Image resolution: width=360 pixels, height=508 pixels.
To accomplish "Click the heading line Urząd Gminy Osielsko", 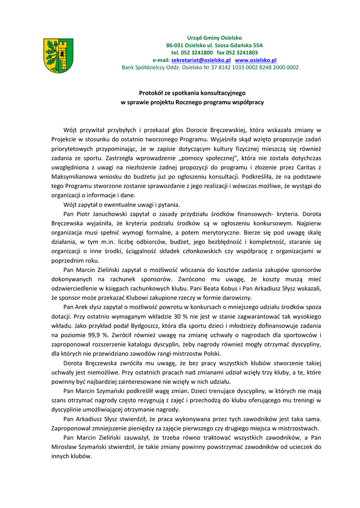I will coord(214,38).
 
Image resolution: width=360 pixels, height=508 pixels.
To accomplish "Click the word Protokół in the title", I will coord(150,92).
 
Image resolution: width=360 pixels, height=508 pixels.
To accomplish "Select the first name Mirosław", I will coord(67,446).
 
